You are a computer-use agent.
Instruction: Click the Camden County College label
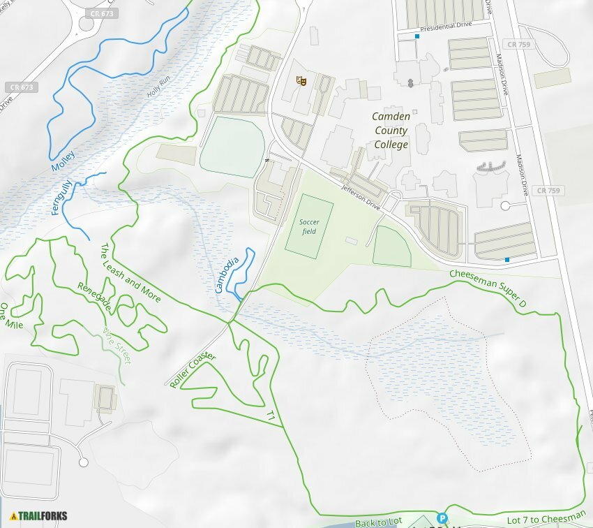(x=390, y=131)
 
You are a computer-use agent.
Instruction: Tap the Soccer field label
(x=309, y=226)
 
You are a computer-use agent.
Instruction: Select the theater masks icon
(x=302, y=81)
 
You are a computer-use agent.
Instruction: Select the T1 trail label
(x=271, y=416)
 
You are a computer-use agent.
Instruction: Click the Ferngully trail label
(x=63, y=197)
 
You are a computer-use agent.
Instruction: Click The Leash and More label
(x=130, y=273)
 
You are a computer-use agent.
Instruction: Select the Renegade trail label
(x=95, y=296)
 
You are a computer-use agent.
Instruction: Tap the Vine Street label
(x=117, y=345)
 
